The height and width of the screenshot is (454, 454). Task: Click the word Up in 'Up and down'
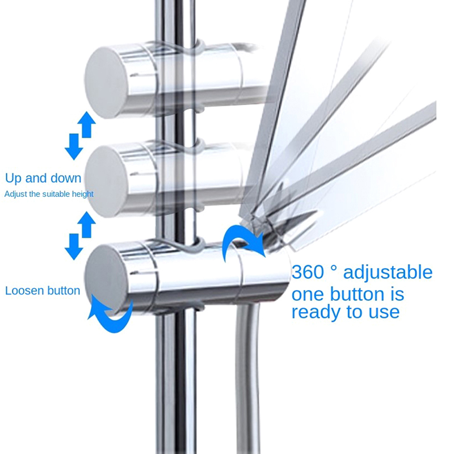(14, 179)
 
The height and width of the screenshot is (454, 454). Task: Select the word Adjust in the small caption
(15, 194)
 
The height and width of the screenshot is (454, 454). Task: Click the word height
(83, 194)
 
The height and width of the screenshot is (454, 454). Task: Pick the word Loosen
(24, 291)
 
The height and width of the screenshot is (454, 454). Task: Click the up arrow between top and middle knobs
(86, 124)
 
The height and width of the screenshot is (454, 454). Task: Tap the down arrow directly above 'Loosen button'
(73, 245)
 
